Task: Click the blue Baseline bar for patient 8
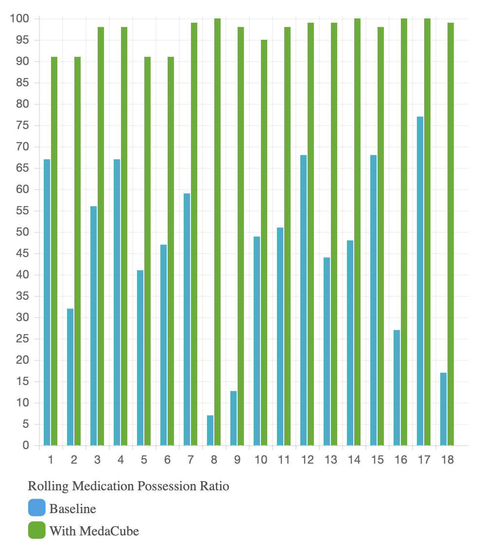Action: pyautogui.click(x=210, y=431)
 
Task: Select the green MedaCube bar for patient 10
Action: pyautogui.click(x=264, y=242)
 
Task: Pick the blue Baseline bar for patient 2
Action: pyautogui.click(x=70, y=377)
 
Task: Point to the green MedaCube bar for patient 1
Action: pyautogui.click(x=54, y=251)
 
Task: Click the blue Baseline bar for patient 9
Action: pyautogui.click(x=233, y=418)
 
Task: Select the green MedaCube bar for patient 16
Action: pyautogui.click(x=404, y=232)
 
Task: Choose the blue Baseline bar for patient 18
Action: pyautogui.click(x=443, y=409)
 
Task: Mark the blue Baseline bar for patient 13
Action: pyautogui.click(x=327, y=352)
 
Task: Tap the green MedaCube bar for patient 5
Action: pyautogui.click(x=147, y=251)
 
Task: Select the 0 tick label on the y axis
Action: pyautogui.click(x=26, y=446)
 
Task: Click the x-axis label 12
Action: pyautogui.click(x=307, y=460)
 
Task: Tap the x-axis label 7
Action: pyautogui.click(x=190, y=460)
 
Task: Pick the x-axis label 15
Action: pyautogui.click(x=377, y=460)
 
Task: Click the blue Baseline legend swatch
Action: pyautogui.click(x=36, y=508)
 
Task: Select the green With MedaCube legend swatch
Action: pyautogui.click(x=36, y=531)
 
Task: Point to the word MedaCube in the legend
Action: pyautogui.click(x=109, y=531)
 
